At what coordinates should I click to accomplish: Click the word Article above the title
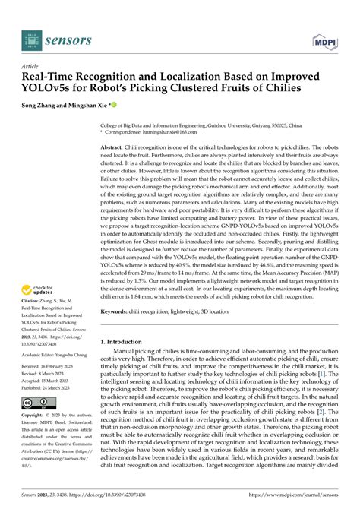[32, 66]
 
